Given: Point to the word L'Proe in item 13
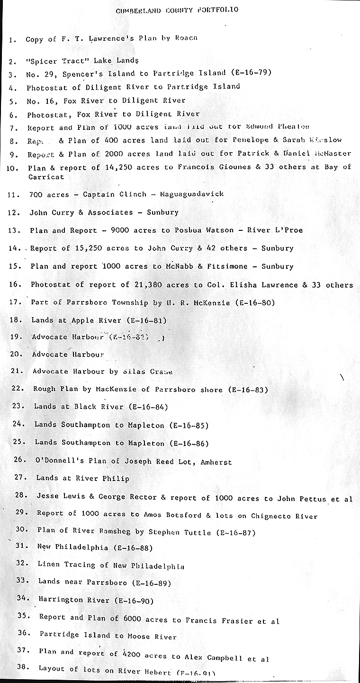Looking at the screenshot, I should (x=288, y=230).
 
